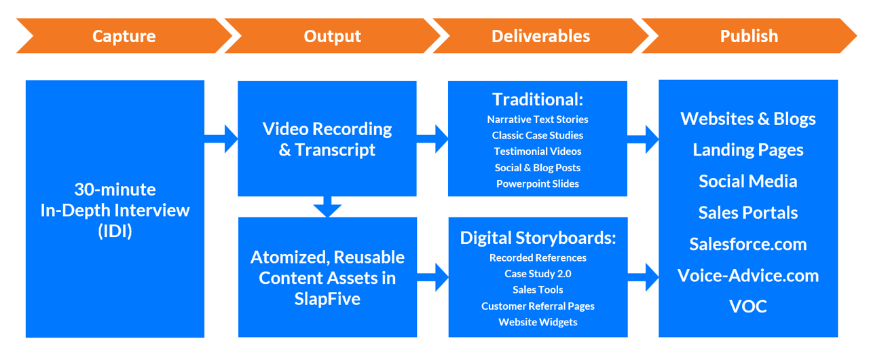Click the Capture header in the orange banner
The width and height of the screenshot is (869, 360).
tap(124, 37)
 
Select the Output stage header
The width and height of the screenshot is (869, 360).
tap(332, 37)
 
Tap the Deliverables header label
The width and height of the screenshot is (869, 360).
tap(540, 37)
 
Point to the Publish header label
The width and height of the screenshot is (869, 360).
tap(749, 37)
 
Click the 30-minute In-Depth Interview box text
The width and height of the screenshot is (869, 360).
tap(115, 210)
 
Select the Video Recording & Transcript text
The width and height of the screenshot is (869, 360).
tap(327, 139)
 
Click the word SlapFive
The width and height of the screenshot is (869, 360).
tap(327, 298)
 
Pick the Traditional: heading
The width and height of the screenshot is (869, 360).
tap(538, 100)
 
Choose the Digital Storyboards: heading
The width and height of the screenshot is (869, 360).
tap(538, 238)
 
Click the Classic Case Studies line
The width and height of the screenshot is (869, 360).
tap(538, 135)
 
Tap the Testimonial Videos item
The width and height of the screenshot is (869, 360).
tap(538, 151)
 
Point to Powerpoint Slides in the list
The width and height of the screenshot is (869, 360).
tap(538, 183)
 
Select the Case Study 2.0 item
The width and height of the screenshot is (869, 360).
tap(538, 274)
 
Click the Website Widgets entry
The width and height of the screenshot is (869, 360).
tap(538, 322)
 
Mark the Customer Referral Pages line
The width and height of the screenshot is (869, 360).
tap(538, 306)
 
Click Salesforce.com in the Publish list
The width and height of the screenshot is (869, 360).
tap(748, 244)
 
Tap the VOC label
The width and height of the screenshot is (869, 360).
tap(748, 306)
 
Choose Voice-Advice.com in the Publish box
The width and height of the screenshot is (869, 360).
tap(748, 275)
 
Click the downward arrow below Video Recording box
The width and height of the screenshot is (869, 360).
tap(327, 206)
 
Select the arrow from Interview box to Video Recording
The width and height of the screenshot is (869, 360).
tap(221, 139)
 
